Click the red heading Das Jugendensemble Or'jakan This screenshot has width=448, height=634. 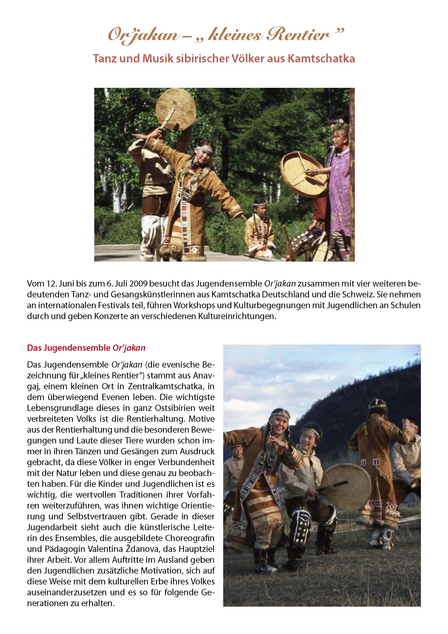tap(86, 348)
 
